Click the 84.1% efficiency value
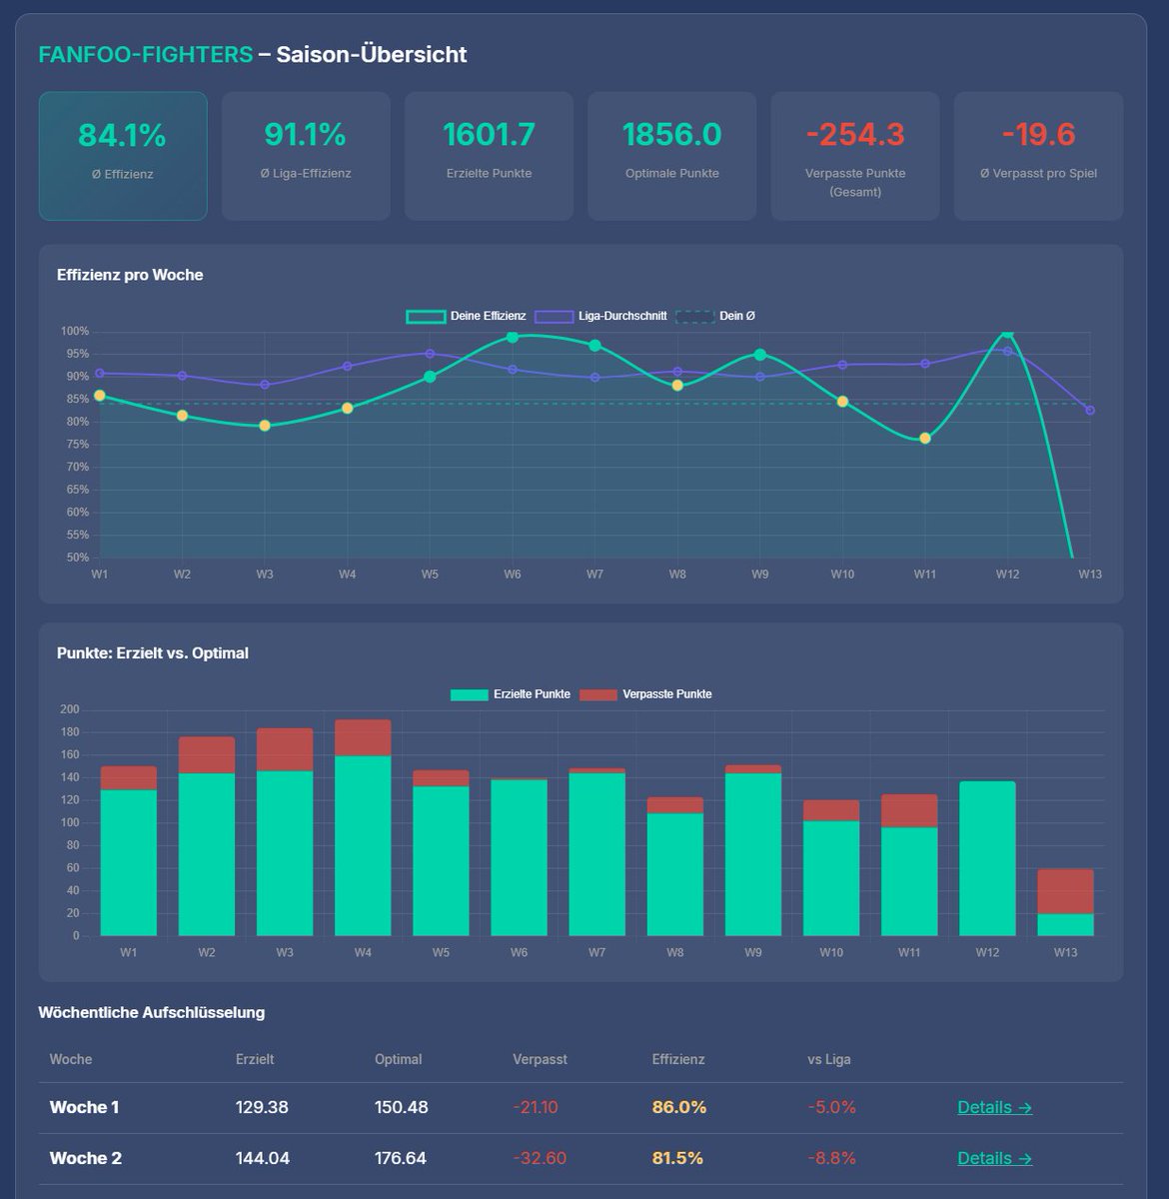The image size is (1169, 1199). (x=122, y=135)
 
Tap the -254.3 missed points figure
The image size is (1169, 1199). (x=854, y=134)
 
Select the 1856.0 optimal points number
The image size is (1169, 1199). (x=671, y=134)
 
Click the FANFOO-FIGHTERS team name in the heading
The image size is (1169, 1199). (x=146, y=54)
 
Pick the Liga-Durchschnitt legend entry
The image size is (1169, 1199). (x=600, y=316)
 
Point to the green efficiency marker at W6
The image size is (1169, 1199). (x=513, y=337)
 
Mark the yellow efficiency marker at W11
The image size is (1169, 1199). (x=925, y=438)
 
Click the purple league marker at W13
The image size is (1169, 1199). (x=1090, y=411)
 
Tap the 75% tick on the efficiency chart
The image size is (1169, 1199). (x=78, y=445)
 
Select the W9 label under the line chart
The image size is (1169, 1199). (x=759, y=575)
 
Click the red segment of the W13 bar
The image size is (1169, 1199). (x=1065, y=891)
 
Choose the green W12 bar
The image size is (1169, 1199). (x=987, y=858)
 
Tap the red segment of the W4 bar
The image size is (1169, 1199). (x=363, y=737)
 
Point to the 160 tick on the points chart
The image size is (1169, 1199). (x=70, y=754)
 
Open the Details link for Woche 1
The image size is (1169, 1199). (x=994, y=1107)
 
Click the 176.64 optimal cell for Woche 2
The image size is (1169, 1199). (x=401, y=1158)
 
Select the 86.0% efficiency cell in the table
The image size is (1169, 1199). (x=679, y=1107)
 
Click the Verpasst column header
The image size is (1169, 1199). (x=540, y=1059)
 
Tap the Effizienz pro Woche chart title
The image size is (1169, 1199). (x=130, y=275)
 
